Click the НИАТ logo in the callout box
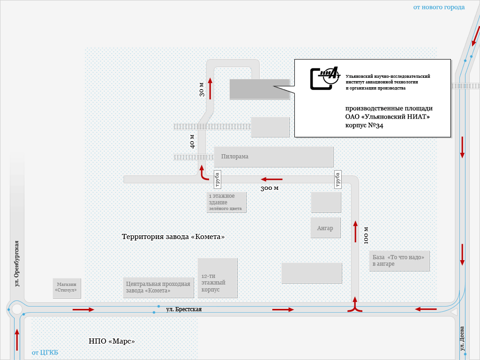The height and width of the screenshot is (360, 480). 325,77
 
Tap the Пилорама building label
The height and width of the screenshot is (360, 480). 235,157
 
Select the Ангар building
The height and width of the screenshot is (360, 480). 325,228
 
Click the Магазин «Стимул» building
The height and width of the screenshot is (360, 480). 67,287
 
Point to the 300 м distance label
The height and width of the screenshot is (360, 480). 270,188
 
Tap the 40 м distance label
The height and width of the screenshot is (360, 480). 192,142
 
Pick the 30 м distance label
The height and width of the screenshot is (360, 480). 202,89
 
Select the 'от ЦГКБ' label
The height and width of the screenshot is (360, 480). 45,352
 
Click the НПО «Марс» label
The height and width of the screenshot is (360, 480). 112,341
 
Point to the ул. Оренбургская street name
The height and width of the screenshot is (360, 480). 16,264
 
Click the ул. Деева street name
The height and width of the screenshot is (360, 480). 462,338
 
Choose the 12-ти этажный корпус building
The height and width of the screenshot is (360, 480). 217,278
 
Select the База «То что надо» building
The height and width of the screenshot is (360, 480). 399,261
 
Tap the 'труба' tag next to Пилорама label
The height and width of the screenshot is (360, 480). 217,180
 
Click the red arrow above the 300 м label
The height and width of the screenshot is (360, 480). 272,179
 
